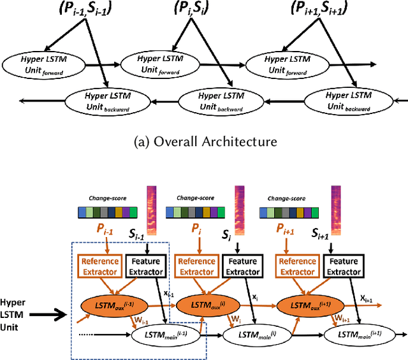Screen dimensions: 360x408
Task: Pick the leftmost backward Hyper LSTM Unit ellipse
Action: click(107, 100)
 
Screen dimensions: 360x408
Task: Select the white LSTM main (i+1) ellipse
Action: click(358, 335)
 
